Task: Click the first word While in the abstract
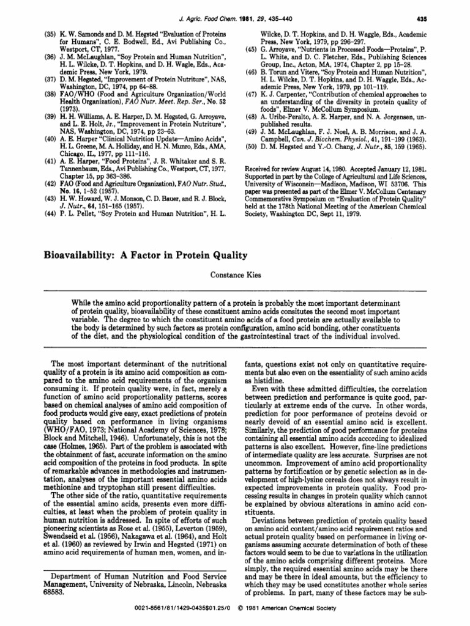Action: [83, 303]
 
